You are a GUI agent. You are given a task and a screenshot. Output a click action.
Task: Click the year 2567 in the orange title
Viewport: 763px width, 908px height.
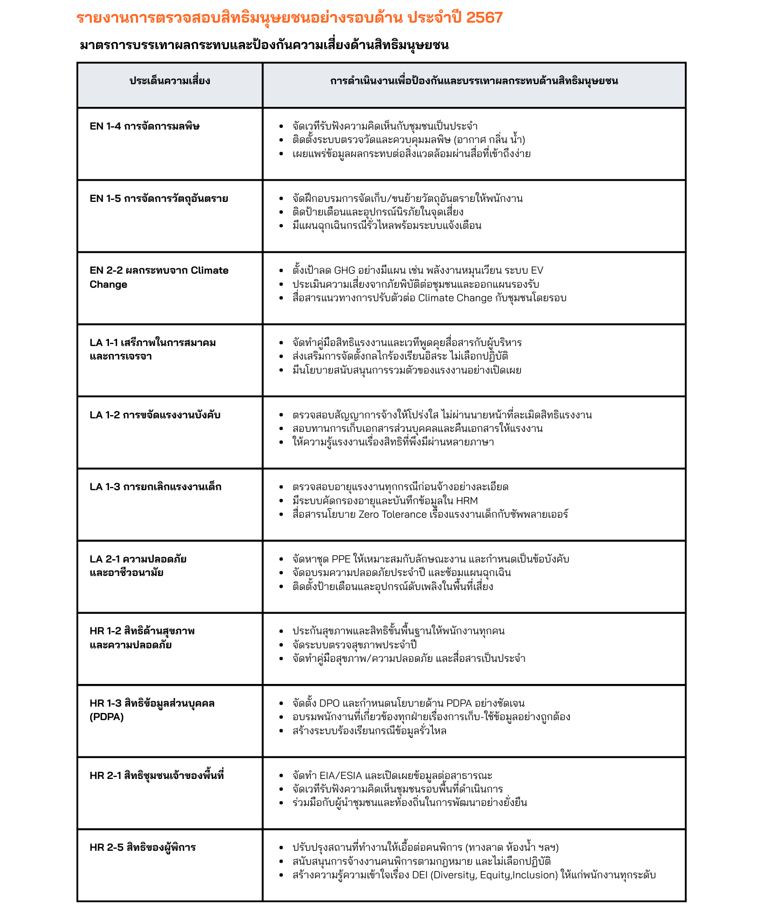[x=484, y=18]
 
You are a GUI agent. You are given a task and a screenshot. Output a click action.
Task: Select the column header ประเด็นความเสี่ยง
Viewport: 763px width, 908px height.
[x=169, y=82]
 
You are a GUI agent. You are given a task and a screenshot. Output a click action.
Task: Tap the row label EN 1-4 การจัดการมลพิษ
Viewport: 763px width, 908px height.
[x=145, y=127]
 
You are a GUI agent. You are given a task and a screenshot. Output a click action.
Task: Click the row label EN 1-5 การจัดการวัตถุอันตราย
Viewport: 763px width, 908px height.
[x=159, y=199]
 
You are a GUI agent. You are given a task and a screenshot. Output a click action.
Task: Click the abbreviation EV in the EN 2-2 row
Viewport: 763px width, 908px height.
[x=537, y=270]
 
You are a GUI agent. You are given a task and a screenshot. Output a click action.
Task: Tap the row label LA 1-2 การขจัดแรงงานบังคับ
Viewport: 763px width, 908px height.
[x=155, y=415]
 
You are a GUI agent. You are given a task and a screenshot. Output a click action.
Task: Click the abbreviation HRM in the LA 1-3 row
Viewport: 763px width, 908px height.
[x=467, y=501]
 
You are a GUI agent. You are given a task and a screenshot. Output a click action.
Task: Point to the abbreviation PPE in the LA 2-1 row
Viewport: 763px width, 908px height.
[x=341, y=559]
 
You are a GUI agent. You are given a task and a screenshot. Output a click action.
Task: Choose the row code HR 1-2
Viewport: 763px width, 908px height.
[x=105, y=631]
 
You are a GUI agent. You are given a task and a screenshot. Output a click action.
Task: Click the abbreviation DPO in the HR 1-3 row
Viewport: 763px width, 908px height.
[x=329, y=703]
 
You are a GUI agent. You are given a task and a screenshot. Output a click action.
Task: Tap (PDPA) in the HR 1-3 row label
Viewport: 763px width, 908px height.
[x=107, y=717]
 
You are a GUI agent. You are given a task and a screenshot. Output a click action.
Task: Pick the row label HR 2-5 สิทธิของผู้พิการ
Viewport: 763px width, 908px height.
[x=142, y=848]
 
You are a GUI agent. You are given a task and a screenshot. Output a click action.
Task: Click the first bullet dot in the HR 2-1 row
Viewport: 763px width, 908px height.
[x=281, y=776]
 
